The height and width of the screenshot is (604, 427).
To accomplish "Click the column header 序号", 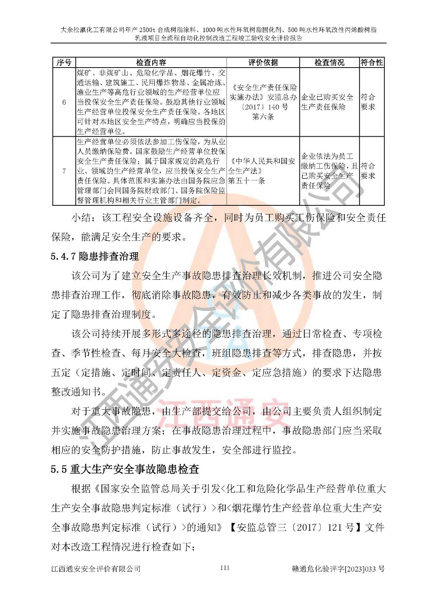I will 64,63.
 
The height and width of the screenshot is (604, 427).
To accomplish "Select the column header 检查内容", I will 151,63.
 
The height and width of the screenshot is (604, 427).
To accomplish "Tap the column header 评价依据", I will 263,63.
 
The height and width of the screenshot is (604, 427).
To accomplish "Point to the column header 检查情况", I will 329,63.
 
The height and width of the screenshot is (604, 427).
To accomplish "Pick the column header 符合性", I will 372,63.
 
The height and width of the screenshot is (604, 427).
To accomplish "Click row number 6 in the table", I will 64,102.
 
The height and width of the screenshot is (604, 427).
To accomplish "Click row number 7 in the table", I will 64,171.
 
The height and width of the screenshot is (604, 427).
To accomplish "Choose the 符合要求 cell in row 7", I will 368,171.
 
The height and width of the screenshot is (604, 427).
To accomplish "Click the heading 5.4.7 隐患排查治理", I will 95,257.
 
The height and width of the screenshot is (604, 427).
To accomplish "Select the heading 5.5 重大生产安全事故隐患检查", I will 125,469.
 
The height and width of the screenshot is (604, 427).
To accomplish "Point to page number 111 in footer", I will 225,568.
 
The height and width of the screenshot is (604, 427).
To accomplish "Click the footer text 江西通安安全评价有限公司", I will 96,569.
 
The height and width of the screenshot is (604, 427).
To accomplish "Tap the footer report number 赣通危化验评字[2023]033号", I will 338,569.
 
